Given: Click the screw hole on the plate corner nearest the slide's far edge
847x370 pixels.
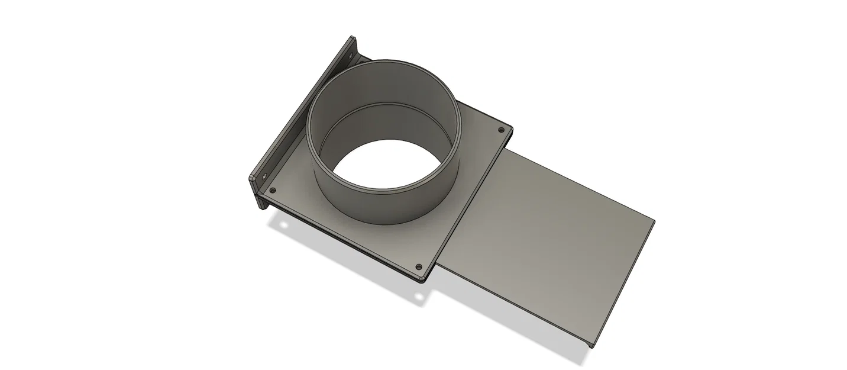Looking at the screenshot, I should click(502, 128).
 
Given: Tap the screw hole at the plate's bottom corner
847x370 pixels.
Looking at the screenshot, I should click(419, 267).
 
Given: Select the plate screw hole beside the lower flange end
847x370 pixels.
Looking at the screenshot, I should click(273, 190).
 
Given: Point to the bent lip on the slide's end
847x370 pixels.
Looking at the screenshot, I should click(621, 284).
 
